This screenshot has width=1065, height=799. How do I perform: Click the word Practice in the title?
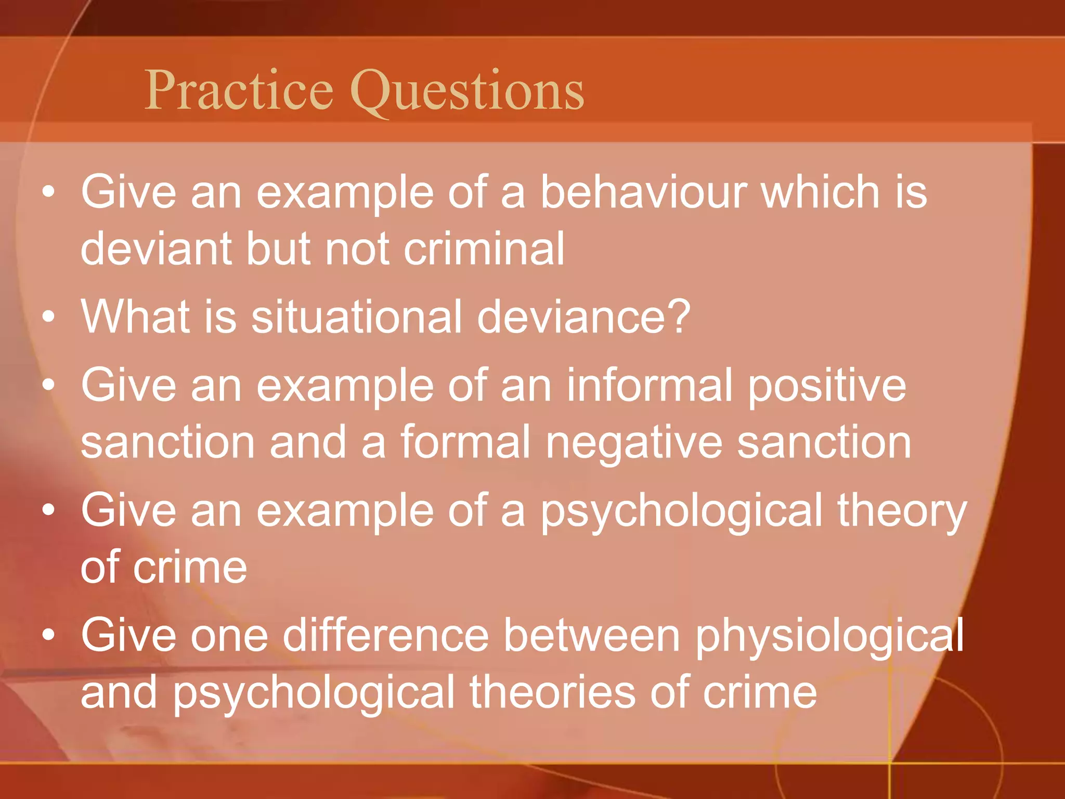(x=239, y=91)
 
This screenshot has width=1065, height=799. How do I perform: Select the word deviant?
(x=154, y=249)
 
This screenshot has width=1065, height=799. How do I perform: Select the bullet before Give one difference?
(x=49, y=635)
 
